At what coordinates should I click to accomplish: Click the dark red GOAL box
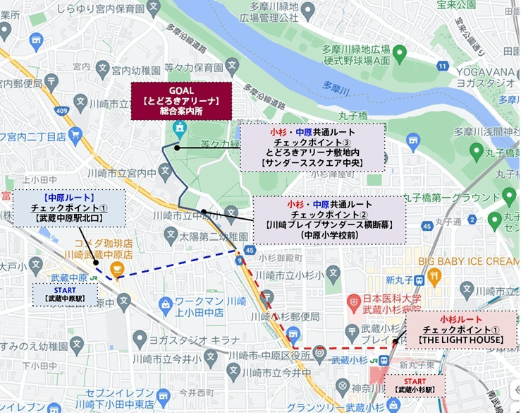point(180,100)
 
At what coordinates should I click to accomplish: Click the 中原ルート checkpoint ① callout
point(68,208)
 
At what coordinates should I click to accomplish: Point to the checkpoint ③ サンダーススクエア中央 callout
point(312,148)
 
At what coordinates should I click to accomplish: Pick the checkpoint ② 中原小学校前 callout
point(329,219)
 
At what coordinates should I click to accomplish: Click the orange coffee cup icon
point(116,269)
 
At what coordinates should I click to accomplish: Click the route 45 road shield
point(250,249)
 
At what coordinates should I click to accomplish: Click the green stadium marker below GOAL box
point(179,129)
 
